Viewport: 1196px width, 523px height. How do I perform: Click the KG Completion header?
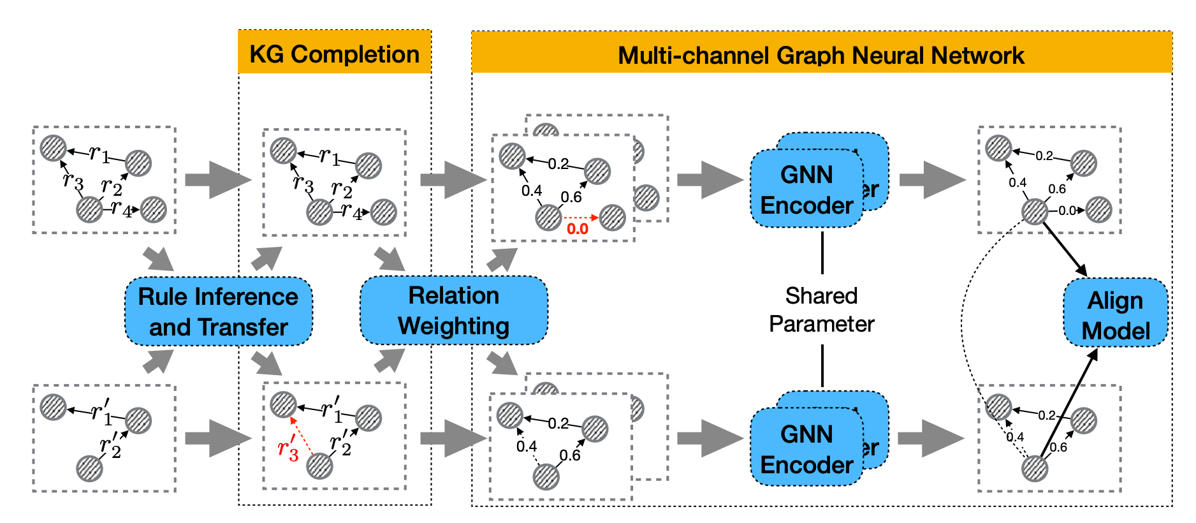334,54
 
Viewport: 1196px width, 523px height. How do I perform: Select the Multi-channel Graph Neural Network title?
820,55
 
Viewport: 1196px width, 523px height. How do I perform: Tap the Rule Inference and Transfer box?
218,312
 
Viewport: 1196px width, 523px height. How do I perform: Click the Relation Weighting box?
453,311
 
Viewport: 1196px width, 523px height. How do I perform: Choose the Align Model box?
1115,315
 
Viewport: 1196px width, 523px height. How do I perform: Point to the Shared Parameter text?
821,310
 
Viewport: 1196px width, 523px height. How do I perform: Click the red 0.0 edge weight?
578,229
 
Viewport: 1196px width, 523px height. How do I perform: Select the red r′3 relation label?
288,447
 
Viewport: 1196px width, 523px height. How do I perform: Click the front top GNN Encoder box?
806,189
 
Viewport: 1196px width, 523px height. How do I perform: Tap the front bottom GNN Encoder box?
806,449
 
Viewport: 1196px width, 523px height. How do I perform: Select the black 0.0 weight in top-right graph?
1067,210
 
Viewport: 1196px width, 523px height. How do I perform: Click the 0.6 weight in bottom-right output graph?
1058,447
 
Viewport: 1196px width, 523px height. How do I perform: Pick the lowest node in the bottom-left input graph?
89,469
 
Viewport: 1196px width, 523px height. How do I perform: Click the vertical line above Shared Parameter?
822,253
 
